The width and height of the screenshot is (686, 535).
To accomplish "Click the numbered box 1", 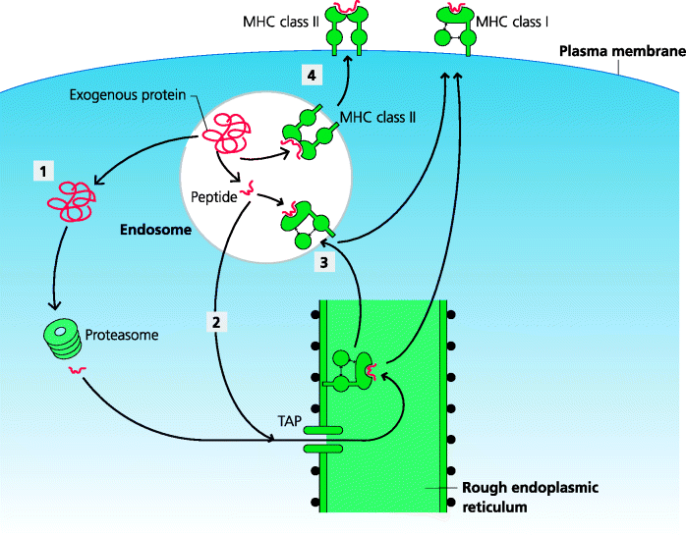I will (41, 172).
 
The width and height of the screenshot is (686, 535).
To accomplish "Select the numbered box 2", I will (218, 321).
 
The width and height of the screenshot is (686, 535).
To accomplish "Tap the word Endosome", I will (146, 233).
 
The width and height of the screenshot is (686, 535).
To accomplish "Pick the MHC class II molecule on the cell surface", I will (346, 29).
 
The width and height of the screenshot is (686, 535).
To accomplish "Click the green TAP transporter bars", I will (321, 438).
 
